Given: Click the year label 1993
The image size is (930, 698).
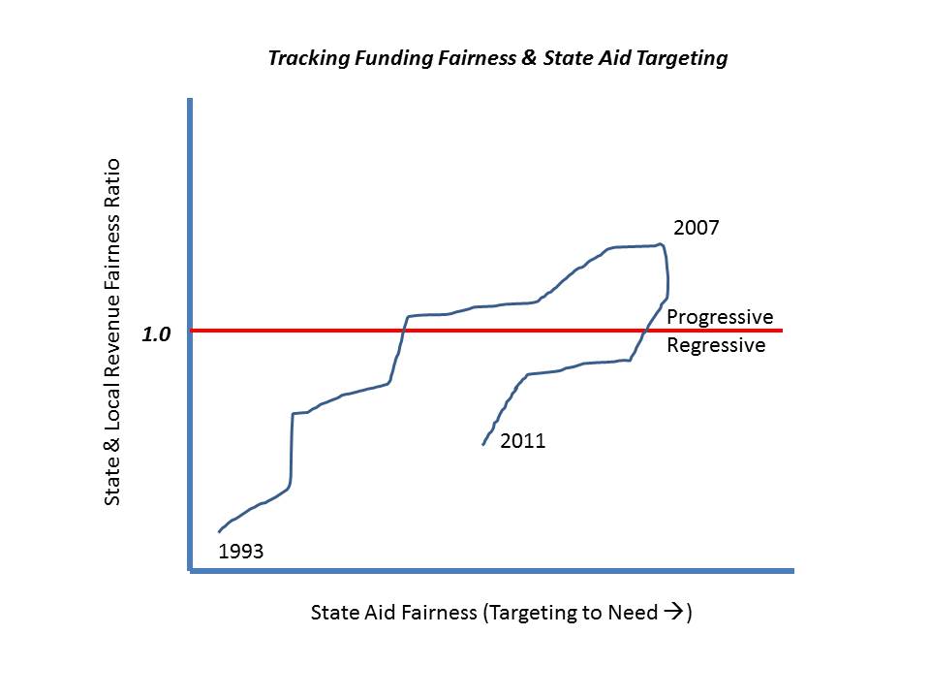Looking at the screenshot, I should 241,552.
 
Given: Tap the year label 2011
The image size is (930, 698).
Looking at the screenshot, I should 523,441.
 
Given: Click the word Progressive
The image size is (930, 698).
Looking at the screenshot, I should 720,317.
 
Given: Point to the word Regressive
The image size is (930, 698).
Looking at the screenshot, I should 716,345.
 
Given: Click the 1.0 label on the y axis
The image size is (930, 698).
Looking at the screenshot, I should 156,334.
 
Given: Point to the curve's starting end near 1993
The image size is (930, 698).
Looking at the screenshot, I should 219,532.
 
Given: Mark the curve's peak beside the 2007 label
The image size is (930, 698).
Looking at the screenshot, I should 661,244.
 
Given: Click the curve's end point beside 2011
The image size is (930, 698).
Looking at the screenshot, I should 483,444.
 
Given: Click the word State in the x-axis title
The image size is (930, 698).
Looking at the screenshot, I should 332,613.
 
